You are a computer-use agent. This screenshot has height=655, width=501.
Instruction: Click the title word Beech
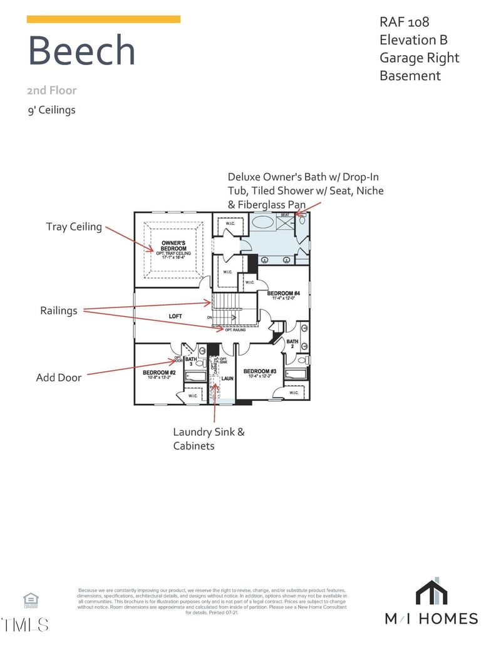coord(81,51)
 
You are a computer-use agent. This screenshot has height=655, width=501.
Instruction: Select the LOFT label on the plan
coord(175,316)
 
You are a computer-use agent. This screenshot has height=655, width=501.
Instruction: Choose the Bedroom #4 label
coord(284,294)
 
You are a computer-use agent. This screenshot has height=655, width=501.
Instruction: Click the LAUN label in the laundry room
coord(227,378)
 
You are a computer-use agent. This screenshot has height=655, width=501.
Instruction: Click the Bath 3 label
coord(190,361)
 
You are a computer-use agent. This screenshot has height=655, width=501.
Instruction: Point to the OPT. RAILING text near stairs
coord(235,329)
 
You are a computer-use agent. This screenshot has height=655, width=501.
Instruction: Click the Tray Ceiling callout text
coord(74,227)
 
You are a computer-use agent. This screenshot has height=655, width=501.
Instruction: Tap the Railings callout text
coord(59,311)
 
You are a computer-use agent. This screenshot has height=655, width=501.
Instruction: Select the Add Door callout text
coord(59,378)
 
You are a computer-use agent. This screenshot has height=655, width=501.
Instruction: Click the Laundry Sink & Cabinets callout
coord(209,439)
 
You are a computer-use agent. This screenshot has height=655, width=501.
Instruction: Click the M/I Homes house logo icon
coord(431,592)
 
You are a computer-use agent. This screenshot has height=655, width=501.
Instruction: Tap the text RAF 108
coord(405,22)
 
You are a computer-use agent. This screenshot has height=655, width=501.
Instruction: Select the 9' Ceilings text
coord(51,110)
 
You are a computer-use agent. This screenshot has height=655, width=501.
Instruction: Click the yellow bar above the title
coord(103,19)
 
